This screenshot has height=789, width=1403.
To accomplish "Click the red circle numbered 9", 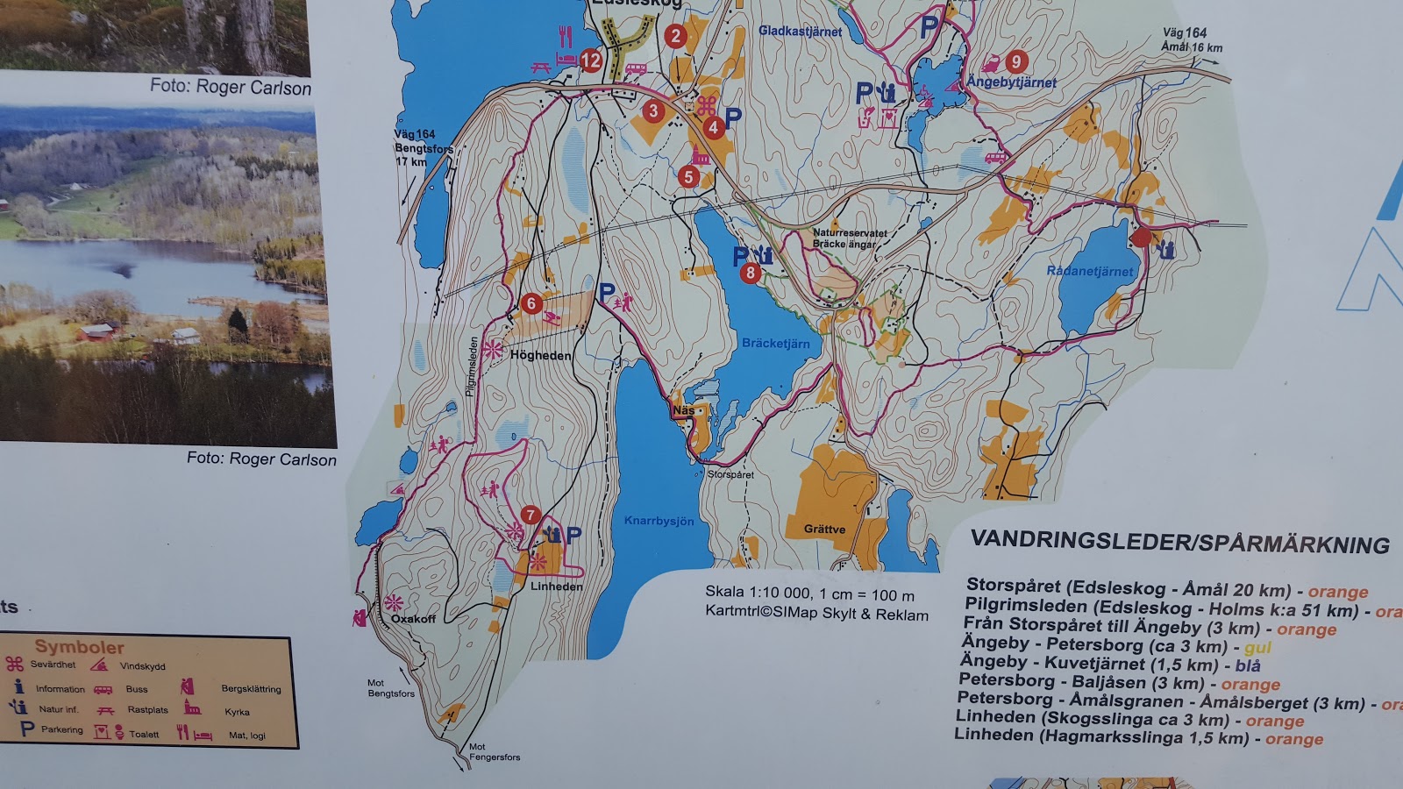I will (1015, 61).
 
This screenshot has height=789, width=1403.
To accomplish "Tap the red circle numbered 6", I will (531, 303).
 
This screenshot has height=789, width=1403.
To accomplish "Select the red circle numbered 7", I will (530, 515).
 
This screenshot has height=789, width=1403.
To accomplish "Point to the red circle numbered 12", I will (591, 60).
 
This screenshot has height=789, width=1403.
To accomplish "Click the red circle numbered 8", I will (750, 273).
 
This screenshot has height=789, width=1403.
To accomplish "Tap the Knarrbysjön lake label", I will (659, 521).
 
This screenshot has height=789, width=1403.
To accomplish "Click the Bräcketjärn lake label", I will (775, 344).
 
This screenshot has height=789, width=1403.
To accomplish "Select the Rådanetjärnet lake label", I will (1089, 271).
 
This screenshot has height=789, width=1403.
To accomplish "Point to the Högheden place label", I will (540, 356).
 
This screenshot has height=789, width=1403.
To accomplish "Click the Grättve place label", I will (824, 530).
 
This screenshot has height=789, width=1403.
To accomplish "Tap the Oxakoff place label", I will (413, 619).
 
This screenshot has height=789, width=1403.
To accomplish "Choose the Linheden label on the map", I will (556, 586).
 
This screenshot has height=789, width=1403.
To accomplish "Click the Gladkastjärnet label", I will (800, 32).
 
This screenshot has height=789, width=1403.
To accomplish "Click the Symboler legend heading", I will (79, 647).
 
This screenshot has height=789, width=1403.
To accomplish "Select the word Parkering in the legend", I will (62, 729).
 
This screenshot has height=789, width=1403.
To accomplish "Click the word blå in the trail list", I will (1248, 666).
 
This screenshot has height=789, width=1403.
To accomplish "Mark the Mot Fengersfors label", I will (495, 752).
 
